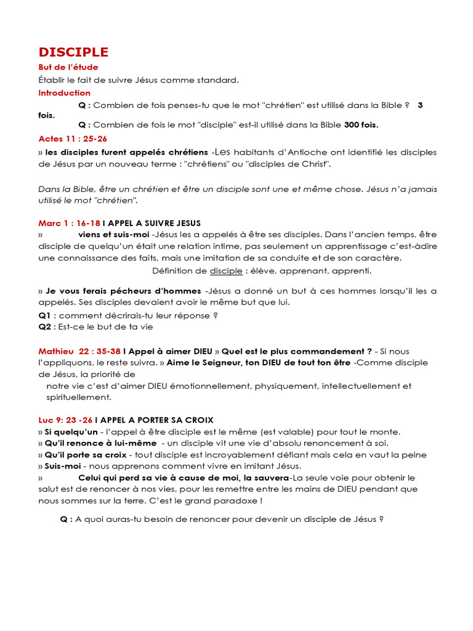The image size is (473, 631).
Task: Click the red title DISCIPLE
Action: pos(73,52)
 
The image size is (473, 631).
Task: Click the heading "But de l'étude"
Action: pos(68,67)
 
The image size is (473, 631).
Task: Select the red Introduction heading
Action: pos(65,93)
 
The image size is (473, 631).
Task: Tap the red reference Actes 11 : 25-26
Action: pos(73,139)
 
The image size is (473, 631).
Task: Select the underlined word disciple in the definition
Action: pos(226,271)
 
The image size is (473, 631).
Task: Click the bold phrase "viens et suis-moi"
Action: pos(114,234)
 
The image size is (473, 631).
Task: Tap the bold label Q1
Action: pos(45,315)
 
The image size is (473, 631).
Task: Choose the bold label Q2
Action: pos(45,327)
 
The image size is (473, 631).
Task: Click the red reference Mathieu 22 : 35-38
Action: pos(79,351)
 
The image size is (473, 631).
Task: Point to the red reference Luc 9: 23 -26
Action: pos(66,420)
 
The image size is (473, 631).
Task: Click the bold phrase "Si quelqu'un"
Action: pos(71,431)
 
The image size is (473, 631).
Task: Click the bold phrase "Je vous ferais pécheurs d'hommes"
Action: pos(123,291)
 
